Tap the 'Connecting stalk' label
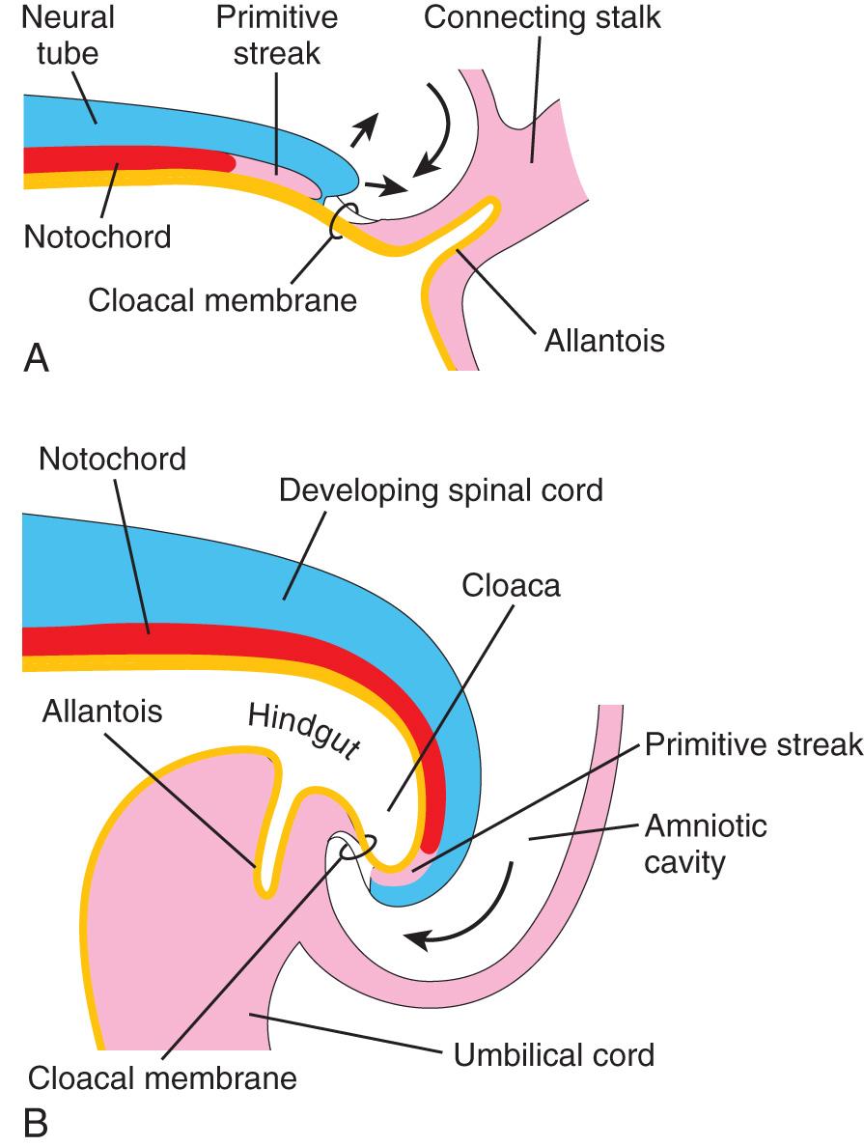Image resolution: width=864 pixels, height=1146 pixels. pos(543,16)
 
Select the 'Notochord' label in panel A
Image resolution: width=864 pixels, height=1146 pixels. pos(97,235)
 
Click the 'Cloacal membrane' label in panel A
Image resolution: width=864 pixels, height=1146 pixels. pos(222,298)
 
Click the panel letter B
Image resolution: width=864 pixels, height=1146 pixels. pos(35,1120)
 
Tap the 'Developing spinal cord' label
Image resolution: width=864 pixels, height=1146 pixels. pos(440,489)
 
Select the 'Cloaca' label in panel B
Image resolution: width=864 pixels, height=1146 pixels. pos(511,586)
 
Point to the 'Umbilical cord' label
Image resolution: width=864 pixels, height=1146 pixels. pos(553,1053)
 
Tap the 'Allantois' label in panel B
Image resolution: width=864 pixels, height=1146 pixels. pos(103,713)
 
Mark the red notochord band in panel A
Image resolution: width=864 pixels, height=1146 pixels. pos(125,160)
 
